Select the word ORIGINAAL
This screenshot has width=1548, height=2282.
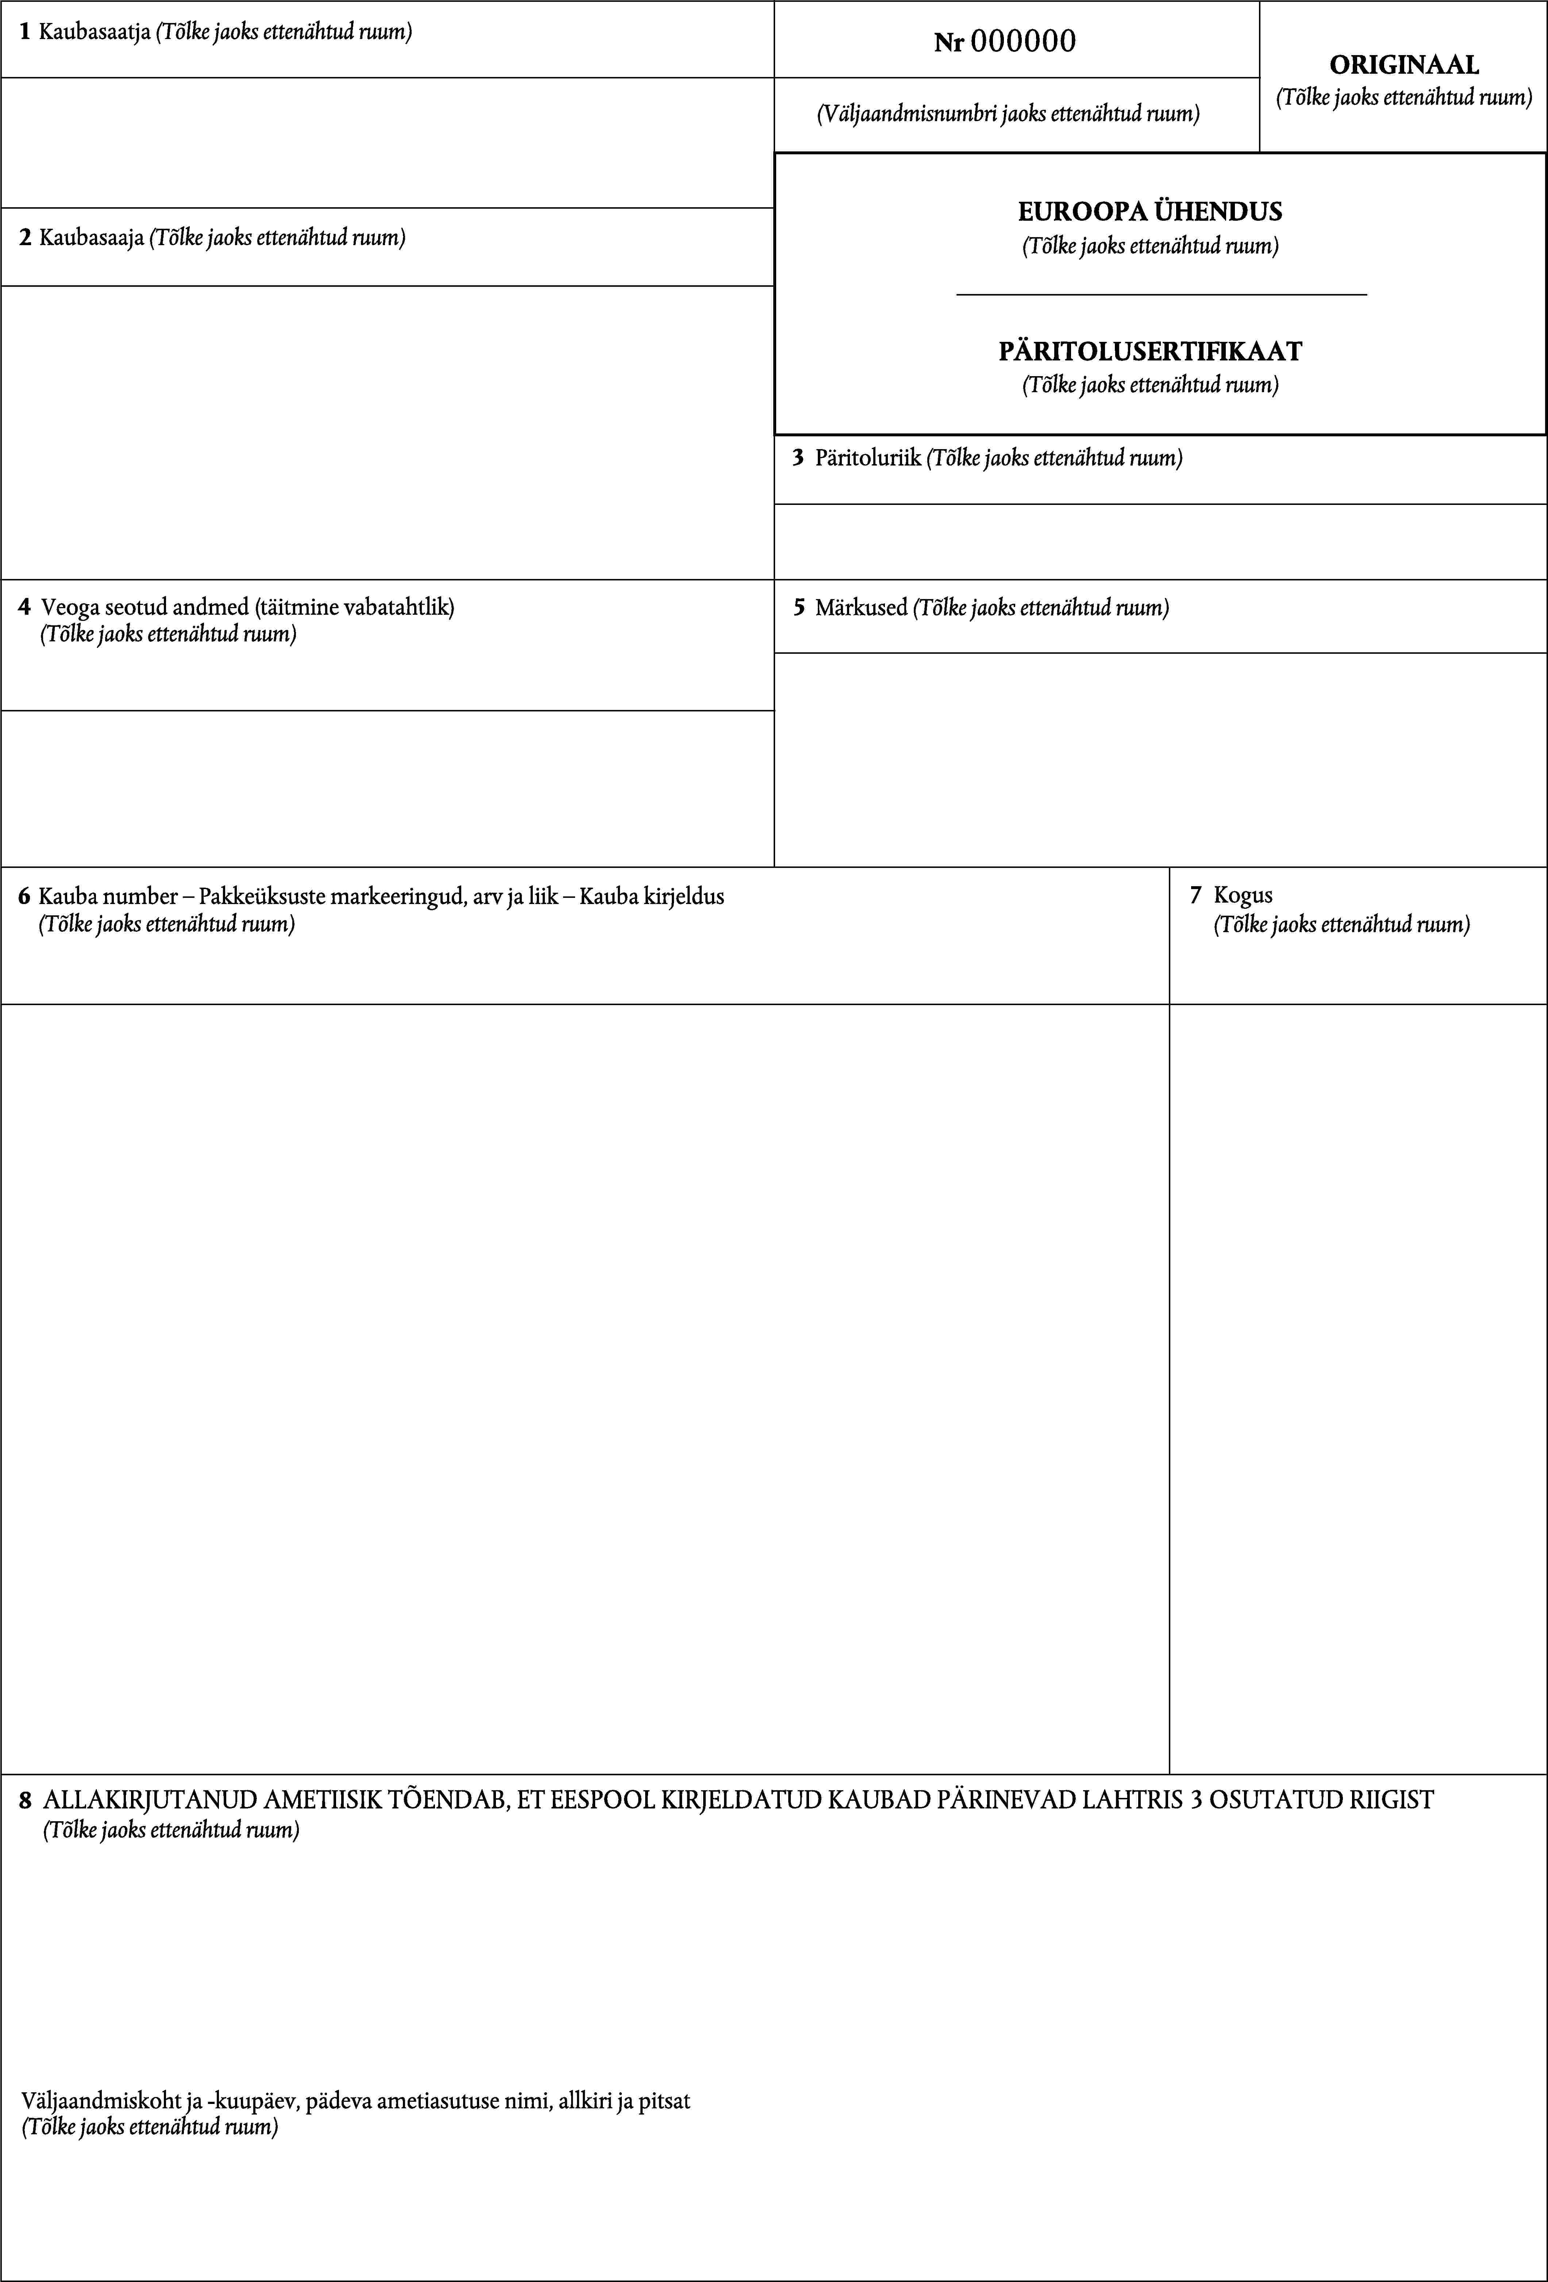[1403, 65]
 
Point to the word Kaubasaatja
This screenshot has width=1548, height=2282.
[94, 31]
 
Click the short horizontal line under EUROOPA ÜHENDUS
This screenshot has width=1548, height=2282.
[1161, 294]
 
